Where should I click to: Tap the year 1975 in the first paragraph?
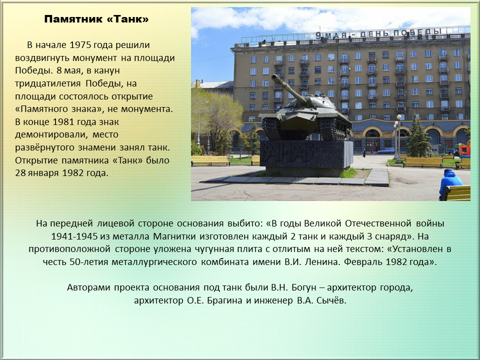80,45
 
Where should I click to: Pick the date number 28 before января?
20,173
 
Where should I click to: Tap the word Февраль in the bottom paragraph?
363,262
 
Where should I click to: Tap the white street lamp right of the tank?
398,138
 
